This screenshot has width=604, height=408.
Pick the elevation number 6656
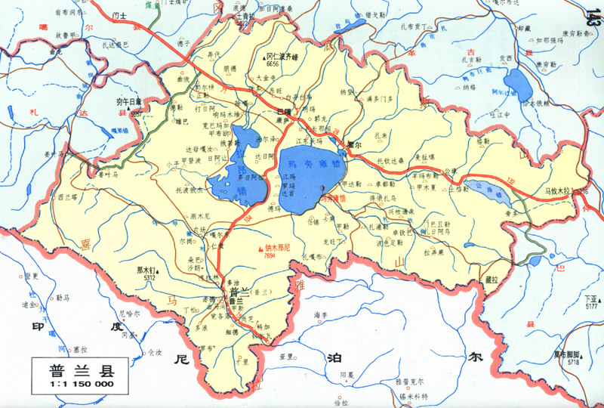tap(273, 64)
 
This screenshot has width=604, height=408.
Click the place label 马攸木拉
tap(562, 192)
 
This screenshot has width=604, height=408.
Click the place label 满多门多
tap(378, 99)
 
